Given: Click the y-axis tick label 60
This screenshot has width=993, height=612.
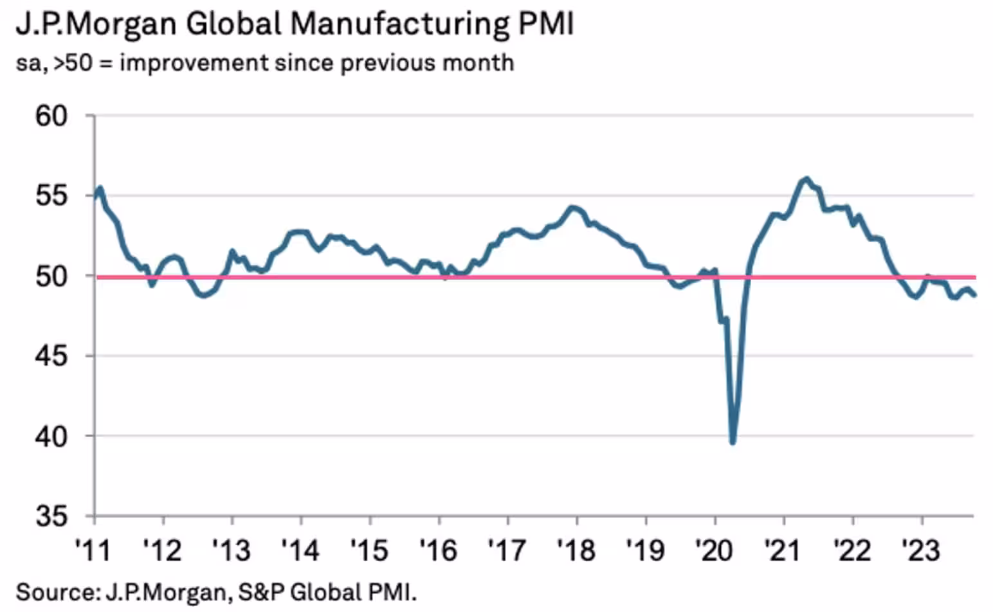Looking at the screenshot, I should coord(51,116).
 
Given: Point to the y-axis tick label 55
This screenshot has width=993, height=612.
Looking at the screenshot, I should coord(51,196).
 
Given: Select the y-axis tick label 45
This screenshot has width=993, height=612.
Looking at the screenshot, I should coord(51,356).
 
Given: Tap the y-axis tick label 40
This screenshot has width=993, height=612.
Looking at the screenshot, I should coord(51,437).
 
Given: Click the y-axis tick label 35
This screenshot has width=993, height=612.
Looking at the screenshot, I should coord(51,516).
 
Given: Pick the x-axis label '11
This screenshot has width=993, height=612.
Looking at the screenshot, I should coord(93,550).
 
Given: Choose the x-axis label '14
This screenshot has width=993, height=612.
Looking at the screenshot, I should coord(300,550).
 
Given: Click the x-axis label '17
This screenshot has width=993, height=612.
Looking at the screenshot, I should coord(507,550).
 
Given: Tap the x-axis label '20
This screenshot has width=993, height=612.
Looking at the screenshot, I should coord(714,550).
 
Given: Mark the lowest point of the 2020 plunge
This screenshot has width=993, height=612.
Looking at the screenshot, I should coord(733,442).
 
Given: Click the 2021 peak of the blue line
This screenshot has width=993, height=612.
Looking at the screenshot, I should coord(806,179).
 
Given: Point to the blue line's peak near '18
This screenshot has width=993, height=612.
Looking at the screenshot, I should coord(572,207).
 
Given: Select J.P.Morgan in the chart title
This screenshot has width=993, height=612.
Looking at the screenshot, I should coord(95,24).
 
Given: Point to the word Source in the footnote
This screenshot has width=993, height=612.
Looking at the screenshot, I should coord(54,592).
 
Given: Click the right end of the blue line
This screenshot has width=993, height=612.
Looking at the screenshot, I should coord(975,296).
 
